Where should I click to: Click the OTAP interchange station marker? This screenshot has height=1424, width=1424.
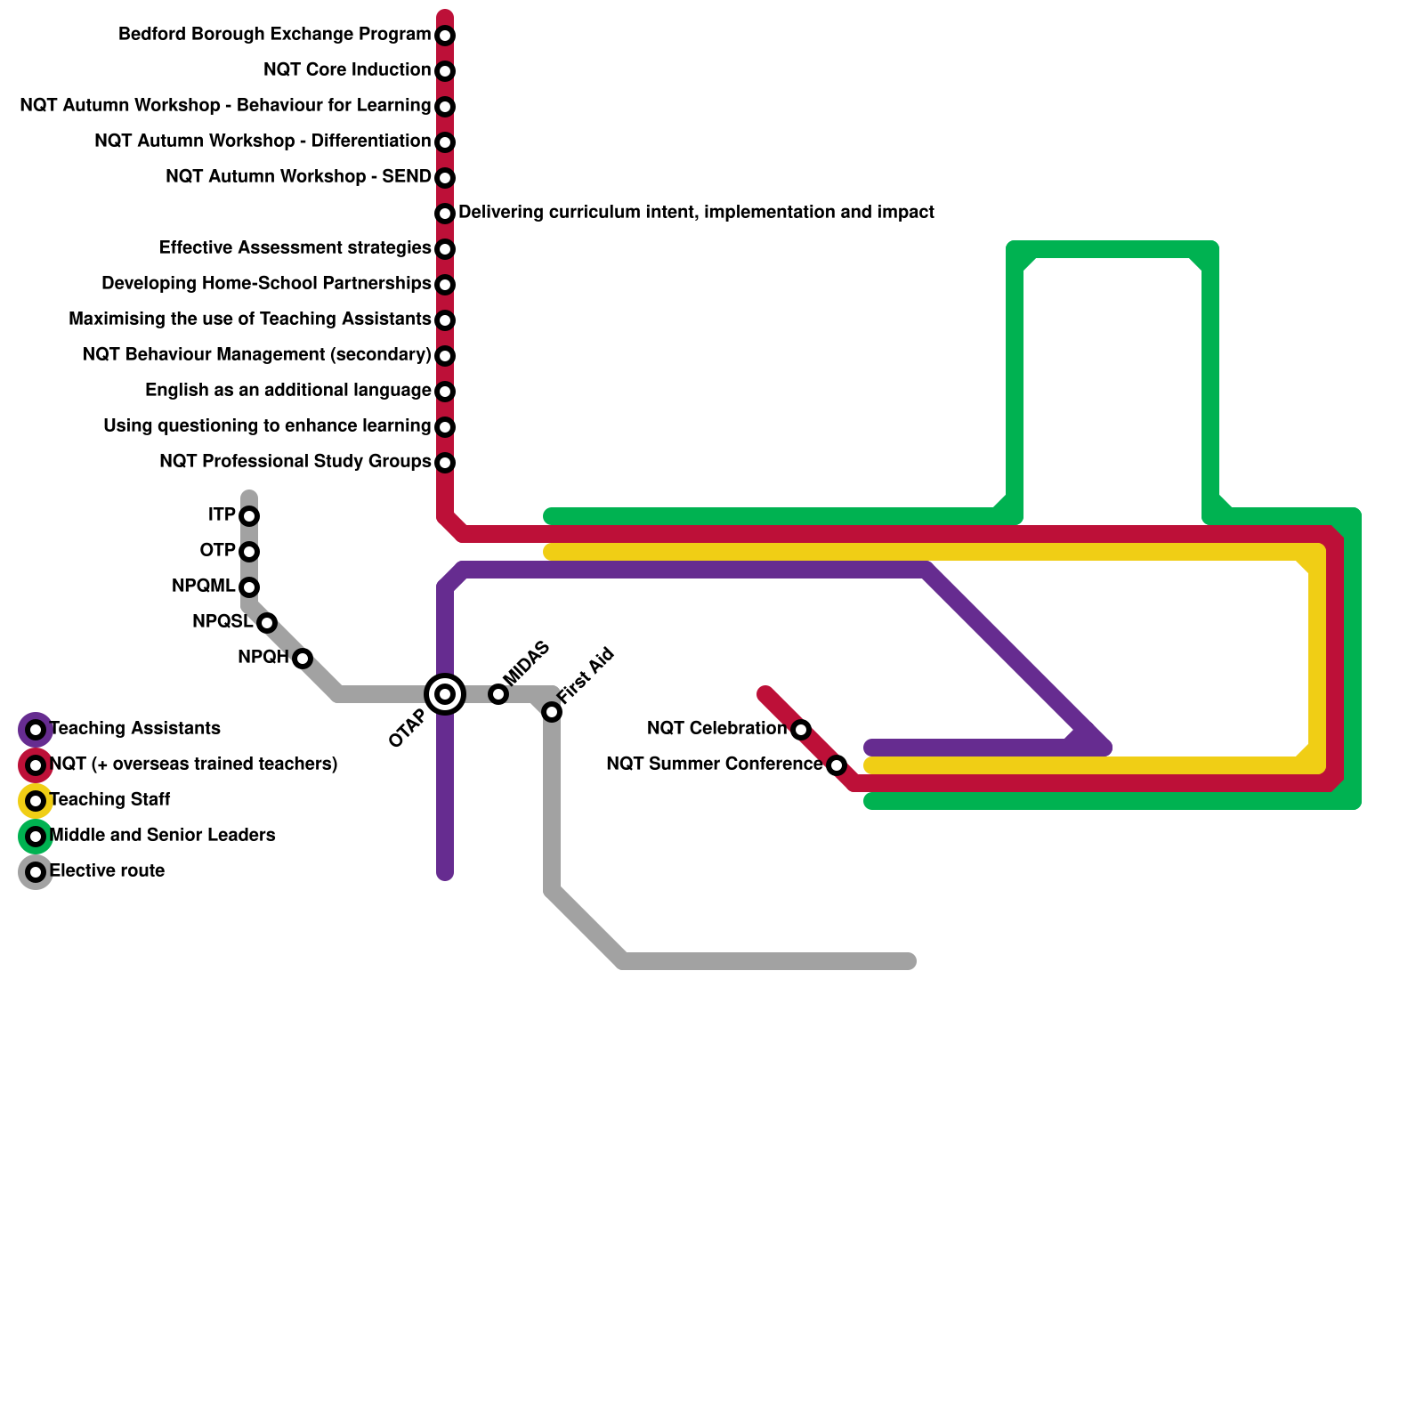[445, 694]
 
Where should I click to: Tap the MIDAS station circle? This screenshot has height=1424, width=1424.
[498, 694]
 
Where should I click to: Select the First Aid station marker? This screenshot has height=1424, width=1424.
[552, 712]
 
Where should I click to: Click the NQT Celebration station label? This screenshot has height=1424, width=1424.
[716, 729]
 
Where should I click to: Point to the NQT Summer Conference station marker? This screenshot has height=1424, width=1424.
[837, 765]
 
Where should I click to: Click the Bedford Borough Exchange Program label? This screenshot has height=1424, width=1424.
[274, 35]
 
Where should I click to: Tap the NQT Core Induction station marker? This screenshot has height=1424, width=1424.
[445, 71]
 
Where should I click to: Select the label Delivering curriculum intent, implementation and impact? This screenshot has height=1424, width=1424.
[696, 213]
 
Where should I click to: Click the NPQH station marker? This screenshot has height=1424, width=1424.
[303, 659]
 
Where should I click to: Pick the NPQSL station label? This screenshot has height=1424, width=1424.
[222, 622]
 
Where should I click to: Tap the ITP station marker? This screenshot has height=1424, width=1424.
[249, 516]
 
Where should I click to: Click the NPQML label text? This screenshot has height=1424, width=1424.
[203, 587]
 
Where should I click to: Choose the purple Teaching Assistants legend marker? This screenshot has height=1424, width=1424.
[36, 730]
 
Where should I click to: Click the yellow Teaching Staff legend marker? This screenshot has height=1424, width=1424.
[36, 801]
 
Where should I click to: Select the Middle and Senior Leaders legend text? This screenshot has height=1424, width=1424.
[163, 836]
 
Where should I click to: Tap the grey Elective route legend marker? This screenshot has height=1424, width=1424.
[36, 872]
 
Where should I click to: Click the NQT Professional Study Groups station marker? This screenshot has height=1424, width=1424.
[445, 463]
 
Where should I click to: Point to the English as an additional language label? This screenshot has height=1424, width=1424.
[287, 391]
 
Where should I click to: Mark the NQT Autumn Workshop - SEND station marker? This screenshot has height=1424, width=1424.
[445, 178]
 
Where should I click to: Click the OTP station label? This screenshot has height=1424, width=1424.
[217, 551]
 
